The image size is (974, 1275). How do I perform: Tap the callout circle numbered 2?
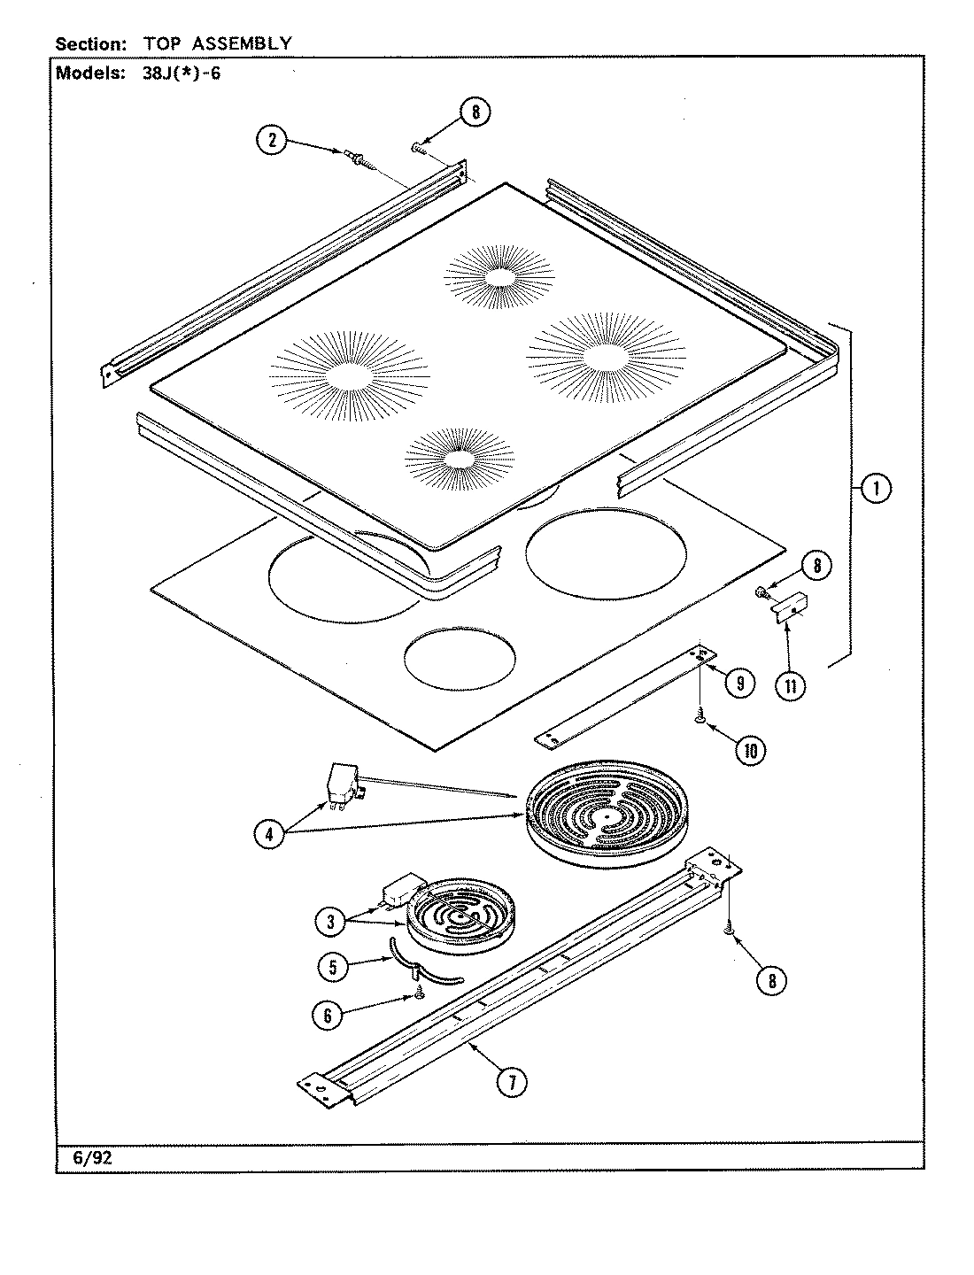(x=273, y=140)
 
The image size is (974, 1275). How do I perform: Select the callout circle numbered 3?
(x=330, y=922)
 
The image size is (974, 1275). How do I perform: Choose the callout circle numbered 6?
(x=328, y=1016)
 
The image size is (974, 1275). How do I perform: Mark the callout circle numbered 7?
(x=511, y=1082)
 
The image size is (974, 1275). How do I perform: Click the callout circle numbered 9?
(x=739, y=682)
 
